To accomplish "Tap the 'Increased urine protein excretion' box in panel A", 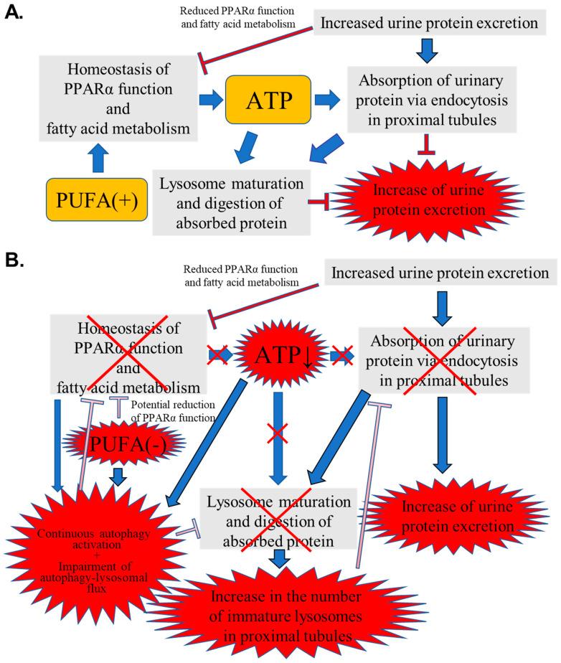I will tap(429, 24).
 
